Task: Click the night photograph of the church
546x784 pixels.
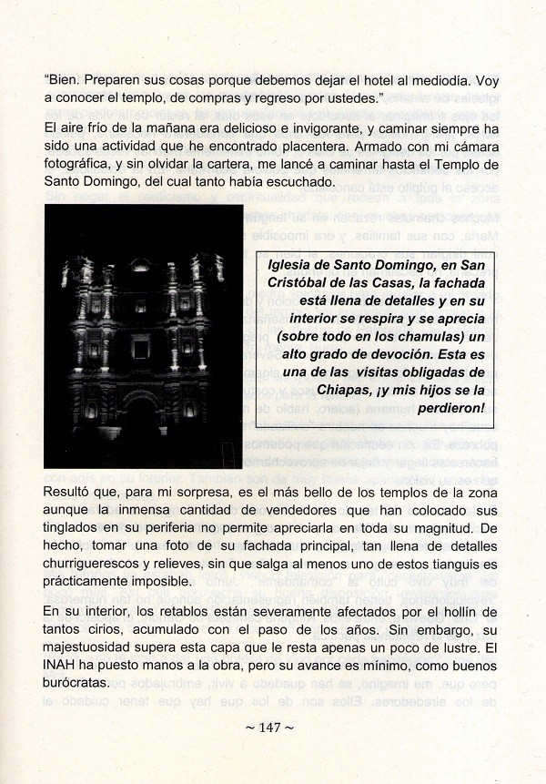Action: point(143,336)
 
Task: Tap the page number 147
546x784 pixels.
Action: point(273,728)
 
